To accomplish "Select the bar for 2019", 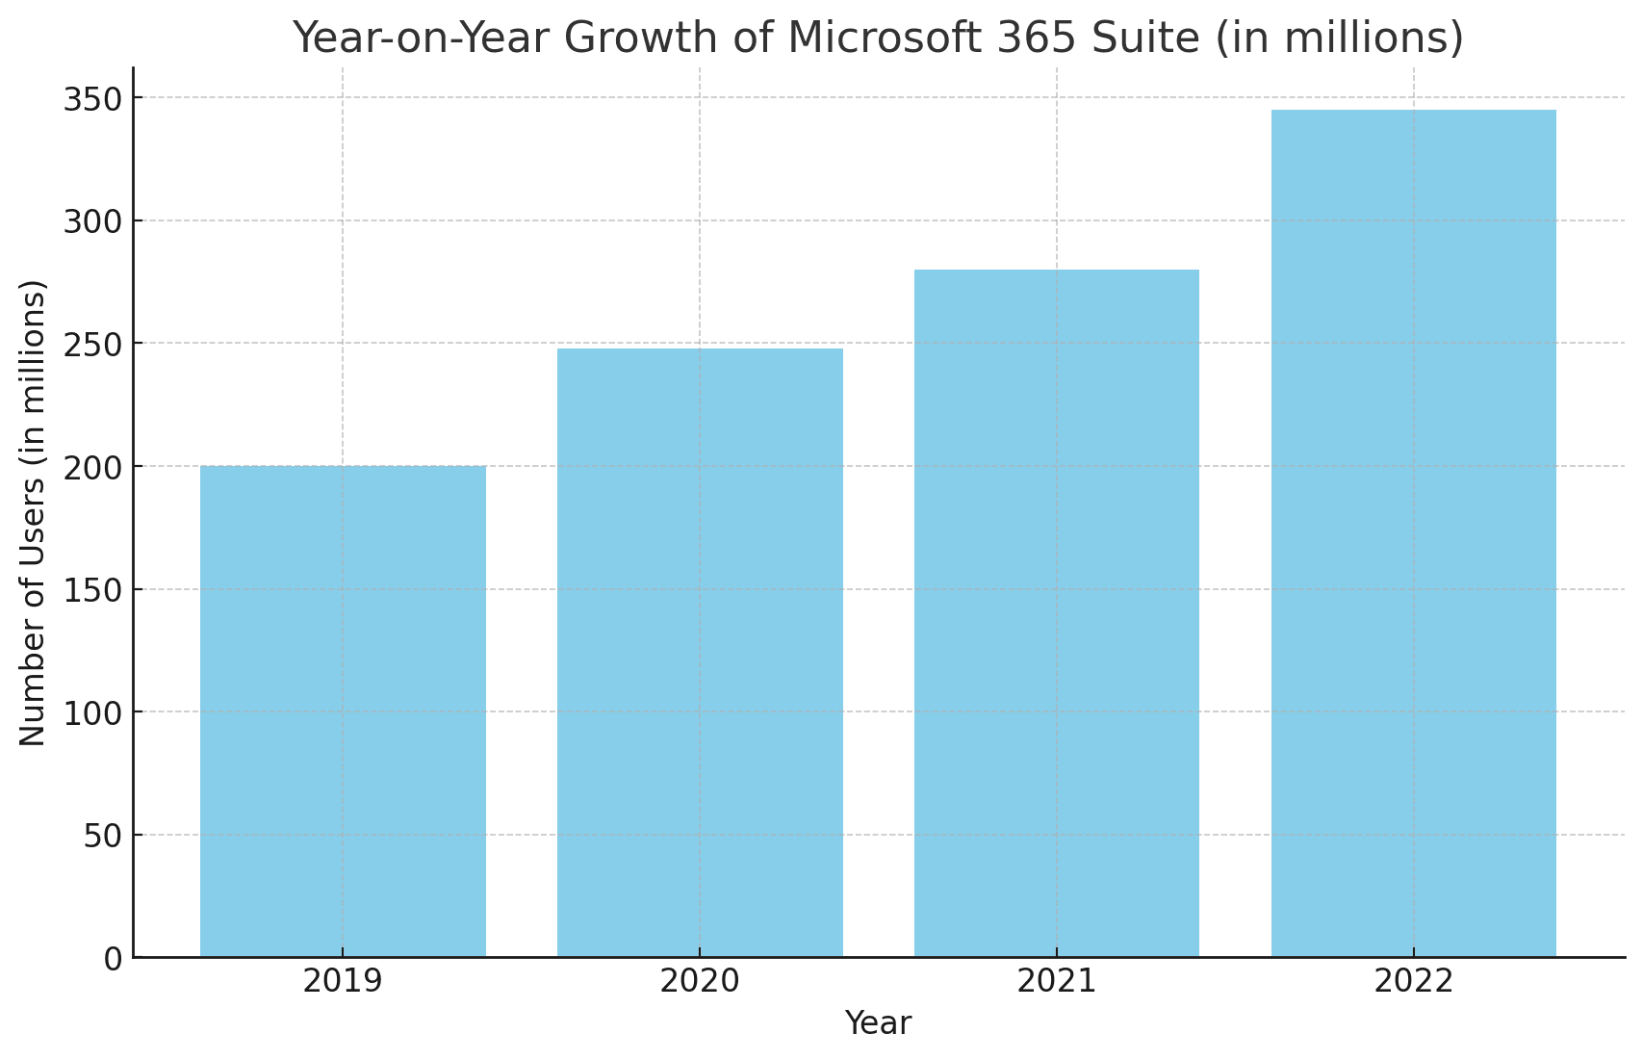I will tap(343, 711).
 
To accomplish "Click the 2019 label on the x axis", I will tap(343, 982).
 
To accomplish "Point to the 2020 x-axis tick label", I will tap(700, 982).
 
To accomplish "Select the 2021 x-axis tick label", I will tap(1056, 982).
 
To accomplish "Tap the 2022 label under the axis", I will tap(1413, 982).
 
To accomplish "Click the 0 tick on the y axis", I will tap(114, 959).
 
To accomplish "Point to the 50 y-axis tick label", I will tap(103, 836).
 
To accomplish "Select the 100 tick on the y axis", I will tap(92, 713).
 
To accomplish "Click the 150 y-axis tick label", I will tap(92, 590).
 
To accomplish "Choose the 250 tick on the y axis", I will tap(92, 345).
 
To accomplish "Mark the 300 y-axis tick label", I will tap(92, 221).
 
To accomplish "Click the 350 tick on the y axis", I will tap(92, 99).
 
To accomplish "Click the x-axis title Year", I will tap(878, 1023).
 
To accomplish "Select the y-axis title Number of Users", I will tap(33, 512).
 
